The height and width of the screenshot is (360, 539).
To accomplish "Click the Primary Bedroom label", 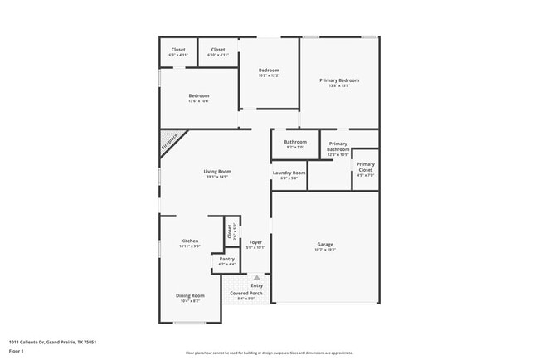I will [x=339, y=80].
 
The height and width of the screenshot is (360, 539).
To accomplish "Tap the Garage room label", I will [x=324, y=244].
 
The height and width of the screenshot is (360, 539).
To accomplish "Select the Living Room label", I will [x=217, y=172].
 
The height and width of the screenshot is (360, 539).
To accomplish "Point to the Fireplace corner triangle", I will [x=170, y=142].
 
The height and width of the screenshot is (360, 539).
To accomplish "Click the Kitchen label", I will [x=190, y=241].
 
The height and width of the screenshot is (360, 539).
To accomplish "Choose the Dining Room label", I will [x=190, y=295].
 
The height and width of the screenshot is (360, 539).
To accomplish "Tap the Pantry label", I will [x=226, y=259].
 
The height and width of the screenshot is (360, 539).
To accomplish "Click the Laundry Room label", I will [x=289, y=173].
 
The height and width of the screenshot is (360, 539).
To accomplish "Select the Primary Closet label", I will [x=366, y=165].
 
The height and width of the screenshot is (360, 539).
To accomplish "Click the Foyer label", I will [x=255, y=242].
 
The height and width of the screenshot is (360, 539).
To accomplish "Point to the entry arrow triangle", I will [x=256, y=277].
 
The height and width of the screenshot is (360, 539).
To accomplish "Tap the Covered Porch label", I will [x=245, y=294].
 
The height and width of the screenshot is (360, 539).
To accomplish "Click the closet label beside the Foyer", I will [x=230, y=232].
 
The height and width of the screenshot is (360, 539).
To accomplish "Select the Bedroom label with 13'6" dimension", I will [x=198, y=95].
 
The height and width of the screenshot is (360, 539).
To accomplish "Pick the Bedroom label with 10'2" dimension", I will [x=269, y=71].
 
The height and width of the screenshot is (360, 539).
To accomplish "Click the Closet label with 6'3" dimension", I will [x=178, y=50].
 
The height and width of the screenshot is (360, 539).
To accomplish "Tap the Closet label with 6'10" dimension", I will [x=217, y=50].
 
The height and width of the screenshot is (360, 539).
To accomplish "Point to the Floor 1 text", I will [x=16, y=352].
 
